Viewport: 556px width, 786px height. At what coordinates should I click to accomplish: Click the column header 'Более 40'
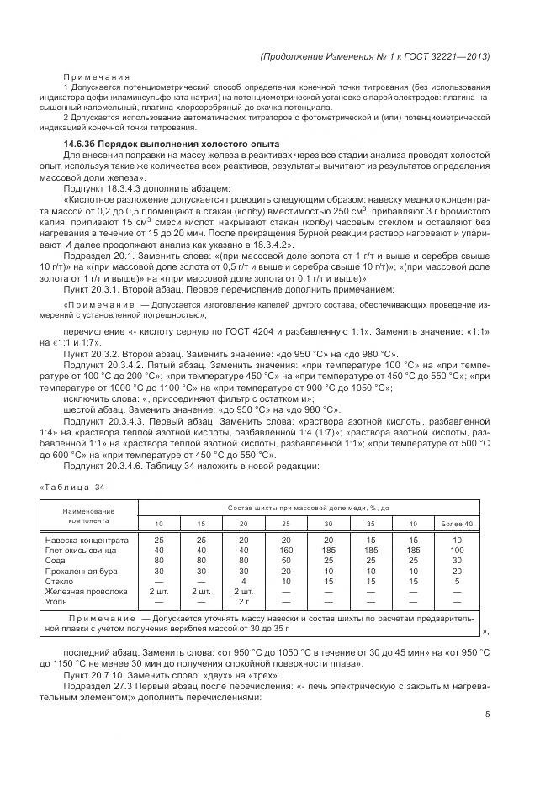[457, 525]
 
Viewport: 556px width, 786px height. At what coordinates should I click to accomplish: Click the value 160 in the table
[286, 550]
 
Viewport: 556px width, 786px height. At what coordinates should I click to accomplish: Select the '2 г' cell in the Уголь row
[243, 601]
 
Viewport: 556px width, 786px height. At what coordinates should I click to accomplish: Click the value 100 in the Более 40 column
[457, 550]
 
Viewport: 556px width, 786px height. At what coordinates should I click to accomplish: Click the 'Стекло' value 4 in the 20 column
[243, 581]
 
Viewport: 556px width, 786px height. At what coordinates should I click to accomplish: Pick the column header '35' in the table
[371, 525]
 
